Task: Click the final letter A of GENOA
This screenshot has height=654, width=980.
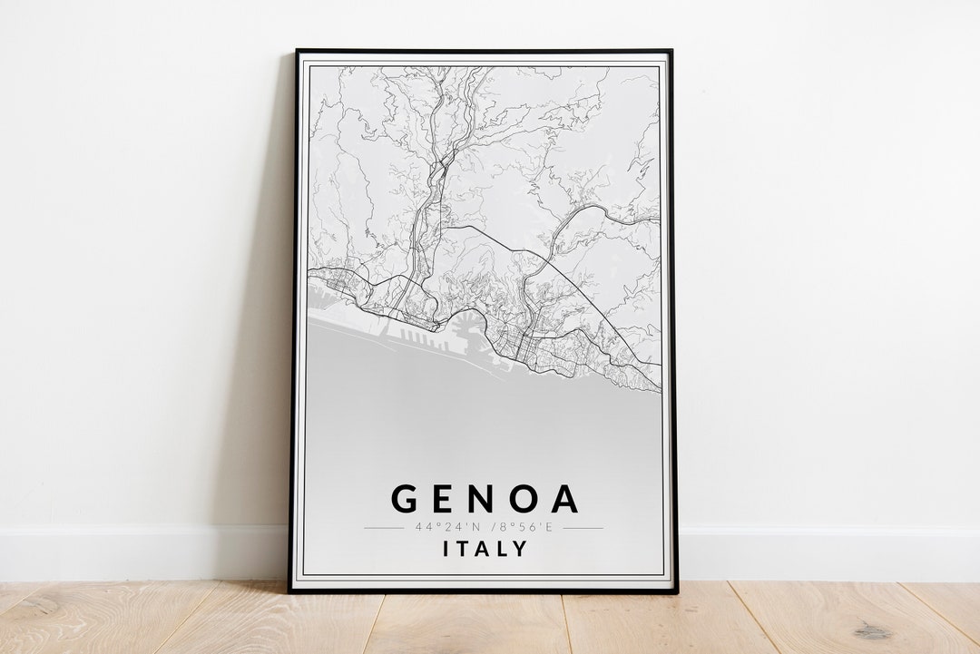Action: point(563,499)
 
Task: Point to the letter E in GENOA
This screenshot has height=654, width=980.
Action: point(445,499)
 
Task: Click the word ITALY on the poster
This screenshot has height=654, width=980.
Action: point(485,548)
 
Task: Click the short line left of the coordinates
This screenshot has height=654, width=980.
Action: point(383,527)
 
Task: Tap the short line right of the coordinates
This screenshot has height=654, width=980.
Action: point(583,527)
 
